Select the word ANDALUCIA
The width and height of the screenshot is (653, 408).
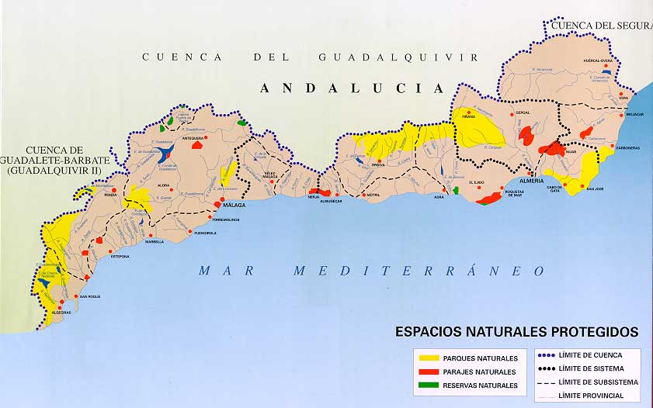coord(352,88)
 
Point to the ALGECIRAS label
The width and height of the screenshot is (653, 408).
coord(61,313)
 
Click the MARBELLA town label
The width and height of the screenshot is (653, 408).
coord(155,242)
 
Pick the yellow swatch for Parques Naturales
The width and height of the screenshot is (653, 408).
coord(428,358)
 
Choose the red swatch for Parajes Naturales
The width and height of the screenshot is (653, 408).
coord(428,372)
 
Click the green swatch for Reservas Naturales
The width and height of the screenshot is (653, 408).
coord(428,386)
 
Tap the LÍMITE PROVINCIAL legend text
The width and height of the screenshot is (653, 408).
coord(598,396)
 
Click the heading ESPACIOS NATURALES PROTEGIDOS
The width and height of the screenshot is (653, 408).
coord(516,332)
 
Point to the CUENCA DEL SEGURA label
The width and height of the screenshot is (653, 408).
coord(599,26)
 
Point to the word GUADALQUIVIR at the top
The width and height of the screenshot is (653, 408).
coord(398,57)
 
